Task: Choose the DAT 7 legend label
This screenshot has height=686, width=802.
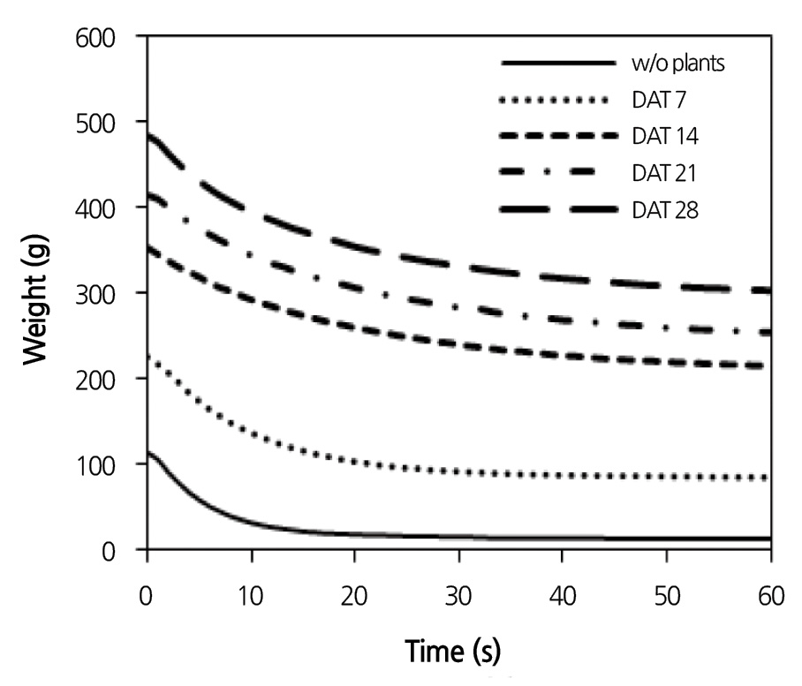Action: [655, 101]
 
